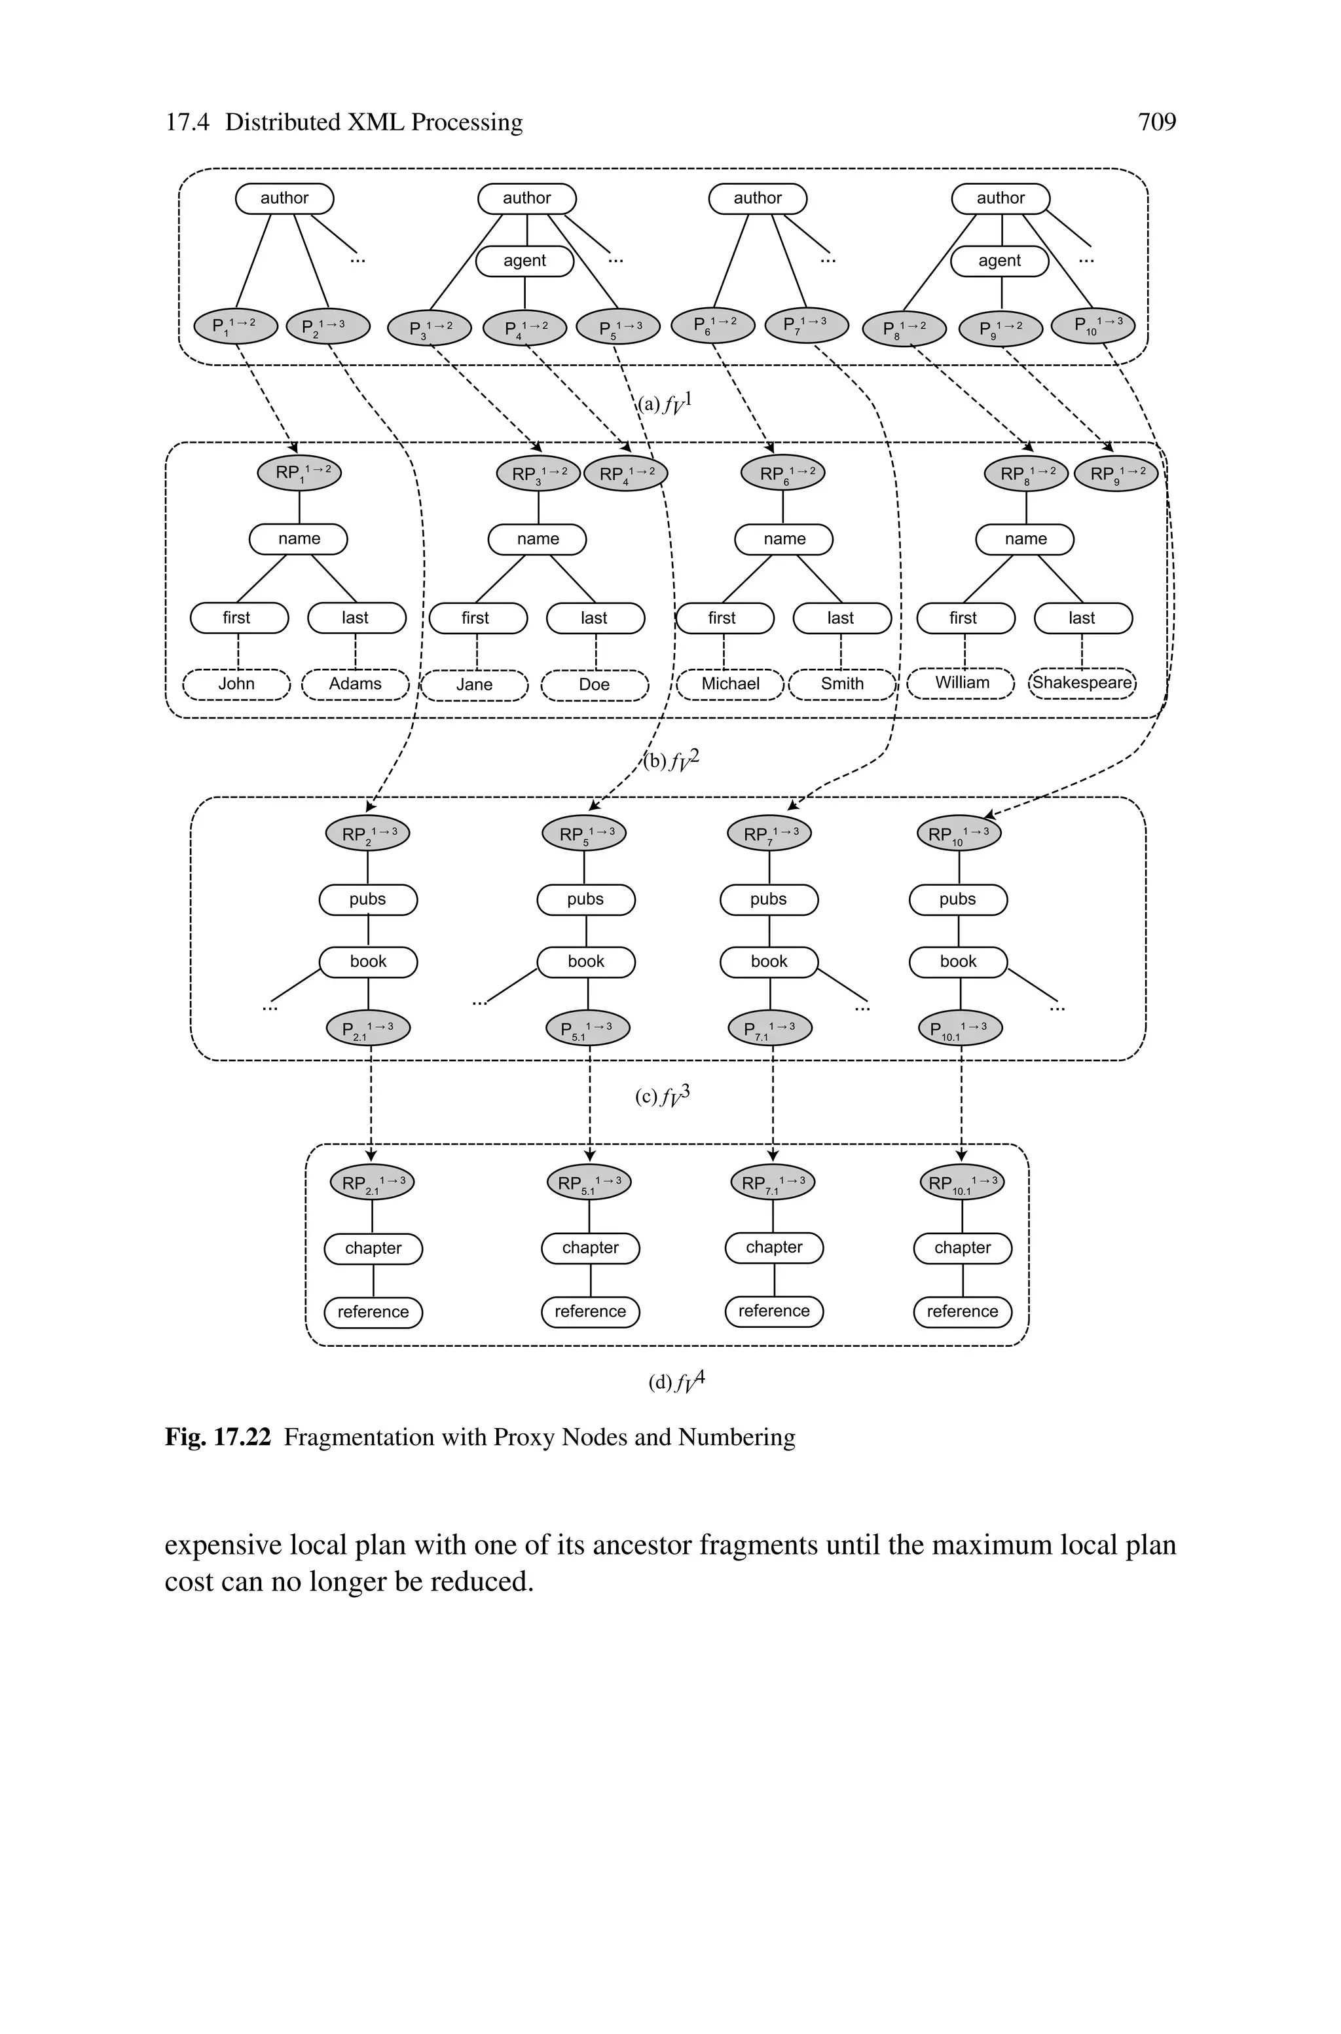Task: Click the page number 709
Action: pyautogui.click(x=1156, y=122)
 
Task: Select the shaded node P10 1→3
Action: pyautogui.click(x=1093, y=325)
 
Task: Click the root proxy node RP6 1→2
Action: pyautogui.click(x=782, y=473)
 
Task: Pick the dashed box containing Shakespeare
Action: pyautogui.click(x=1082, y=683)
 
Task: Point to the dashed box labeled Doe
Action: pyautogui.click(x=595, y=685)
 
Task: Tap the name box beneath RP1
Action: pyautogui.click(x=299, y=539)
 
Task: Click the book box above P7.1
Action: pyautogui.click(x=769, y=962)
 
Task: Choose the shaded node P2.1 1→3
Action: pyautogui.click(x=369, y=1028)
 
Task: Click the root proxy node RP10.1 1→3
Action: pyautogui.click(x=961, y=1183)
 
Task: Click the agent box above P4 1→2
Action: pyautogui.click(x=524, y=261)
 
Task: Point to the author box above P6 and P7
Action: pyautogui.click(x=758, y=198)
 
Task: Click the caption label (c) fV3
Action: pyautogui.click(x=662, y=1097)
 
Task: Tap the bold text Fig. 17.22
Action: pyautogui.click(x=218, y=1437)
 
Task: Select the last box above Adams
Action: pyautogui.click(x=356, y=618)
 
